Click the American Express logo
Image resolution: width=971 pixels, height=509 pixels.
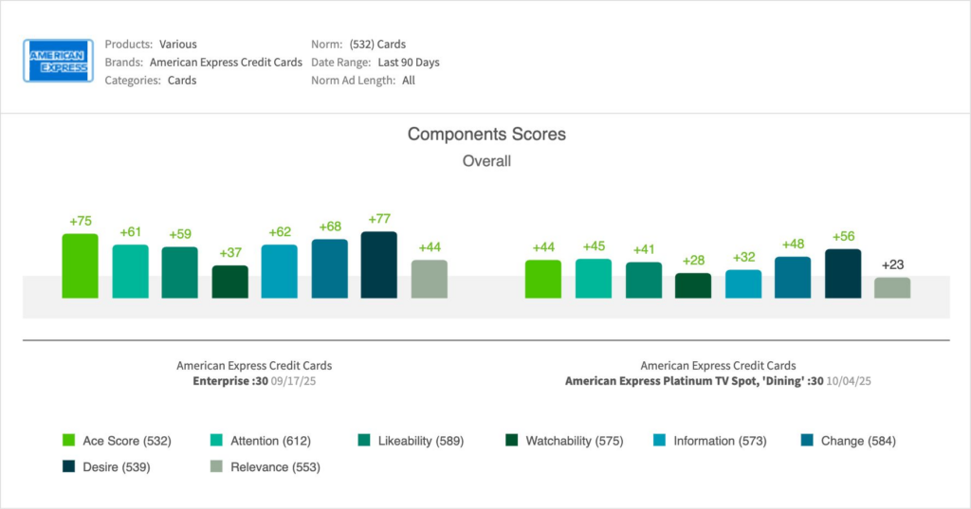pyautogui.click(x=58, y=61)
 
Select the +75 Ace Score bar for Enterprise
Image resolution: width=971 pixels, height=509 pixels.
pyautogui.click(x=80, y=265)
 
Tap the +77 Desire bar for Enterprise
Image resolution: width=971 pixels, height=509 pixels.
pyautogui.click(x=379, y=264)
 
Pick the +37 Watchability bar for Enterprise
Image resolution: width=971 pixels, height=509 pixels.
pyautogui.click(x=229, y=282)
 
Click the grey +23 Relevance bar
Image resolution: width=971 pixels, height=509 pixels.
pyautogui.click(x=892, y=287)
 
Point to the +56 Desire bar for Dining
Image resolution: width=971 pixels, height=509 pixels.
pyautogui.click(x=843, y=273)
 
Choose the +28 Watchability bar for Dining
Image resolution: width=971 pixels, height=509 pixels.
pyautogui.click(x=693, y=285)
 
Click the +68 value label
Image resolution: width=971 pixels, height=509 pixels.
pyautogui.click(x=329, y=227)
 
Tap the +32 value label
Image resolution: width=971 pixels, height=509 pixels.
pyautogui.click(x=743, y=257)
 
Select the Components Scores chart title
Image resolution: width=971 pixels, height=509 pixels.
pyautogui.click(x=486, y=135)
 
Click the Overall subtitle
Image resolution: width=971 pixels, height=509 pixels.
pyautogui.click(x=486, y=161)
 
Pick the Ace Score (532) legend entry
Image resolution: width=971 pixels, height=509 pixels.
pyautogui.click(x=113, y=441)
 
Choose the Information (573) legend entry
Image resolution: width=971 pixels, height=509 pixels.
pyautogui.click(x=719, y=441)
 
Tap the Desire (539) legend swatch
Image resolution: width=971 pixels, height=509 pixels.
pyautogui.click(x=68, y=466)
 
